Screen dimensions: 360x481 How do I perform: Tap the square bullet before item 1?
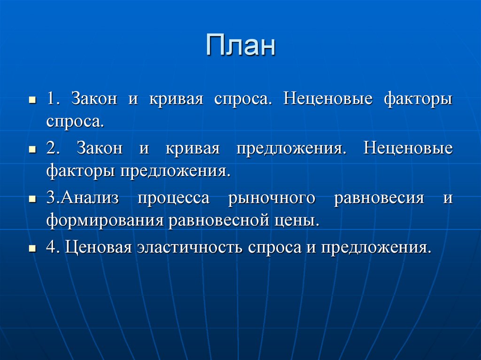click(x=32, y=101)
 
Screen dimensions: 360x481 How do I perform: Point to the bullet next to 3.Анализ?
click(x=32, y=199)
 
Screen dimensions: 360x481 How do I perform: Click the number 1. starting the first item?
click(x=53, y=100)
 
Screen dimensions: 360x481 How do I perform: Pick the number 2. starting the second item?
click(x=53, y=149)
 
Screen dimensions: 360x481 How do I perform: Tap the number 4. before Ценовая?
click(x=53, y=247)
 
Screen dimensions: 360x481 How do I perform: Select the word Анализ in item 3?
click(x=90, y=198)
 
